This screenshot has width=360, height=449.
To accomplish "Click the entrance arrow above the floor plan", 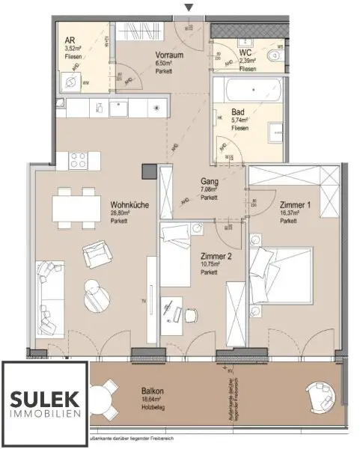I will click(189, 7).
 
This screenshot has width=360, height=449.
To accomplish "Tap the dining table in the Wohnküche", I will click(76, 206).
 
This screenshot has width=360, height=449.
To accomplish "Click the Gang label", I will click(209, 181).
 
